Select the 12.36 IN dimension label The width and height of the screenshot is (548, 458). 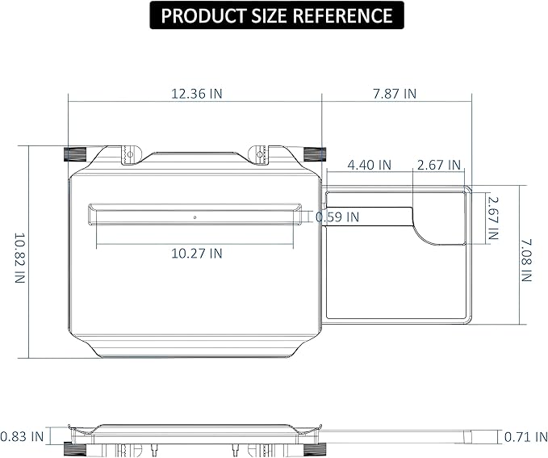[x=196, y=94]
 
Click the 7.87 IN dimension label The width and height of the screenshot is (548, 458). [x=395, y=94]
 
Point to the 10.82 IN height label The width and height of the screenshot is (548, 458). [x=20, y=258]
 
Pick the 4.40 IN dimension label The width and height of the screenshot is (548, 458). [x=369, y=165]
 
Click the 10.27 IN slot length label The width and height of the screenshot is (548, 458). [x=196, y=254]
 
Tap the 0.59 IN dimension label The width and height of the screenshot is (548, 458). [x=337, y=217]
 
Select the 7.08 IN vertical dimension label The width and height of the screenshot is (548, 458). [x=526, y=260]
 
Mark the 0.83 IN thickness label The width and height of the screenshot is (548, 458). [x=22, y=437]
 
